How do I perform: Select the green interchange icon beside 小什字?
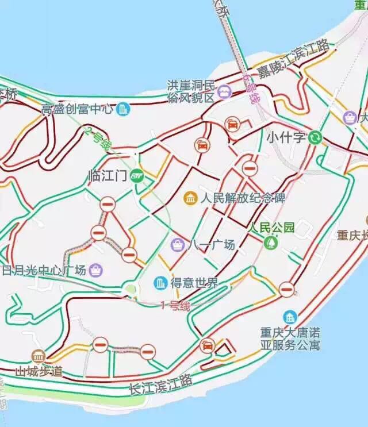click(315, 137)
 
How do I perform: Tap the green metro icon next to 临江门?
click(136, 176)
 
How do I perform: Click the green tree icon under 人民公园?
click(270, 243)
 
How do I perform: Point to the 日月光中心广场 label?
click(44, 270)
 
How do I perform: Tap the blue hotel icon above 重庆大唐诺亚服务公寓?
click(290, 317)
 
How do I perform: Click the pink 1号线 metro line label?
click(175, 306)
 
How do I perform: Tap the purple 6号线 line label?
click(251, 90)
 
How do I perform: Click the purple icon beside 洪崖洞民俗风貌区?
click(224, 91)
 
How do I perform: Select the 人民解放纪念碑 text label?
click(243, 199)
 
